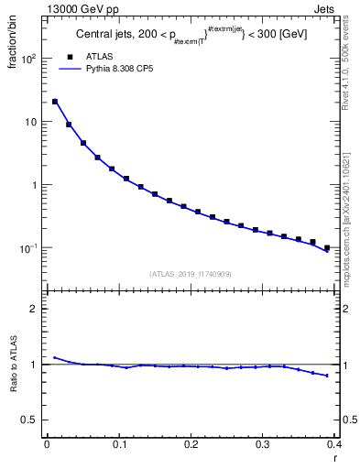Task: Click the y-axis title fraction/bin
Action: tap(13, 47)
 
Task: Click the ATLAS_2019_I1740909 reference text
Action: tap(190, 273)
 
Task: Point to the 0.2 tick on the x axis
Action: tap(191, 444)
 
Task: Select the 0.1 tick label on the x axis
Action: tap(118, 444)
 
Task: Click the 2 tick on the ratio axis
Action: tap(34, 309)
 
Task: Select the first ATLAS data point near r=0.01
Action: tap(55, 102)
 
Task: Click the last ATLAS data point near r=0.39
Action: tap(327, 247)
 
